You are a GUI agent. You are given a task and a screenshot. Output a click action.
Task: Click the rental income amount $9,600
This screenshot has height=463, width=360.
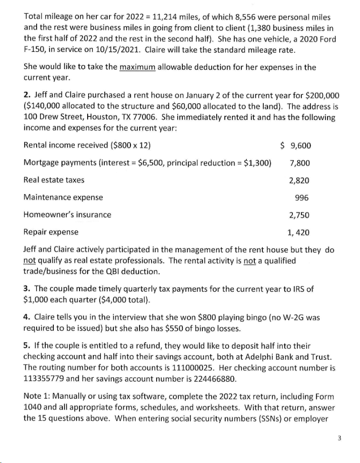(x=295, y=146)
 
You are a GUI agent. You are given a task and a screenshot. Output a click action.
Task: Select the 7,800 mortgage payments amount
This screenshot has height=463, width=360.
(x=300, y=163)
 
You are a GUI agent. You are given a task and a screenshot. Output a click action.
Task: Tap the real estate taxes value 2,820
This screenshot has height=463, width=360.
(x=300, y=180)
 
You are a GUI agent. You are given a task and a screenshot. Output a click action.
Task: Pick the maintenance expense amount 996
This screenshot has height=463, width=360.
(x=302, y=197)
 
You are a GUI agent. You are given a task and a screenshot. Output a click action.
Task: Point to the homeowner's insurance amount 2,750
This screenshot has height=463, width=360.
(x=300, y=215)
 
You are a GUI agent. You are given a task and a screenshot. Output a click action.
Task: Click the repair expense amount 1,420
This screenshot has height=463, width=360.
(x=299, y=232)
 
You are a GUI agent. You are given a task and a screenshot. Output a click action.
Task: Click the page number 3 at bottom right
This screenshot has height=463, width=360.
(x=339, y=439)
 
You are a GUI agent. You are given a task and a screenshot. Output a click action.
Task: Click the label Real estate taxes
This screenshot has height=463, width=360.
(x=54, y=180)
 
